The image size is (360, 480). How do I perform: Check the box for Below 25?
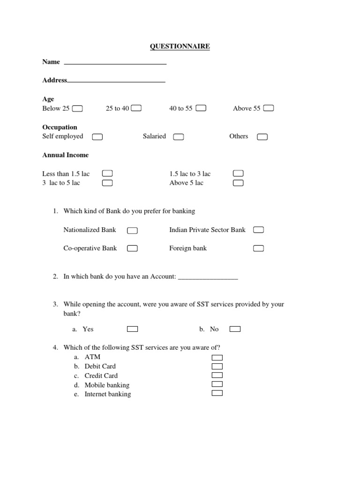click(77, 109)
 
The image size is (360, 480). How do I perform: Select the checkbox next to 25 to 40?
click(136, 108)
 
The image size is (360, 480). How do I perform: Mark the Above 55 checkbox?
click(269, 108)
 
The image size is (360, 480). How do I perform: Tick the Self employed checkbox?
click(97, 137)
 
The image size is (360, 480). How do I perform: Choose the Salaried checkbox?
click(178, 137)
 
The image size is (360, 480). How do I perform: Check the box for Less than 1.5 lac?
click(107, 174)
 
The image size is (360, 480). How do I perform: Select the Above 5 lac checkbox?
click(238, 183)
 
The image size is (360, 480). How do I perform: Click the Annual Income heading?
click(65, 155)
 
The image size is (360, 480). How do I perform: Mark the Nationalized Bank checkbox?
click(132, 230)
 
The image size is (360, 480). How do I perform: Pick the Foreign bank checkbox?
click(258, 248)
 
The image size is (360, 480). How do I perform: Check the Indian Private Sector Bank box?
click(258, 230)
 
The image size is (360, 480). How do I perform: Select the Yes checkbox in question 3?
click(133, 329)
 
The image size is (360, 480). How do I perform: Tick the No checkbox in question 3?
click(235, 329)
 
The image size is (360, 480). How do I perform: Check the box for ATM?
click(217, 357)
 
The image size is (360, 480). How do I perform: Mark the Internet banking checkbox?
click(217, 393)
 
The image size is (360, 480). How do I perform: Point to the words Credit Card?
click(101, 375)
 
